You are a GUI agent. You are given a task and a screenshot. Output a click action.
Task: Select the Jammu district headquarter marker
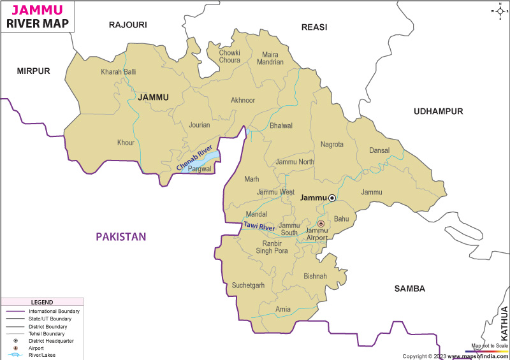click(332, 198)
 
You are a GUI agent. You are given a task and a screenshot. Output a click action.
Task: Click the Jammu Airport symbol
click(321, 224)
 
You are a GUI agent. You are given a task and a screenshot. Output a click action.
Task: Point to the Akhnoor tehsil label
click(243, 101)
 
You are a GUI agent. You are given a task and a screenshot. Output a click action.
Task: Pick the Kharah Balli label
click(119, 72)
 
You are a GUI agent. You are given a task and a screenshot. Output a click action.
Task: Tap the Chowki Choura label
click(229, 57)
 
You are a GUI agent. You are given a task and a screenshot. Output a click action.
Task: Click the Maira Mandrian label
click(270, 59)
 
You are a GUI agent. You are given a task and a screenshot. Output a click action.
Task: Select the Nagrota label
click(332, 145)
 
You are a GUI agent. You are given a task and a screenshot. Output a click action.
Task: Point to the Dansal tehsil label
click(379, 151)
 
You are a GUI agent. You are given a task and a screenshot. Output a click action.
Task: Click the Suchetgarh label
click(248, 285)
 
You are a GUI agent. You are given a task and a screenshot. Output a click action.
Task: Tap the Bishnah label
click(315, 277)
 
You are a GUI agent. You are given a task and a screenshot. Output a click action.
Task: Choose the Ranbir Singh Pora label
click(272, 247)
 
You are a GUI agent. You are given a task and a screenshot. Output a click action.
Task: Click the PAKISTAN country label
click(121, 237)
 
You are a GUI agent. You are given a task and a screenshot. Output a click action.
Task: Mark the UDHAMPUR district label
click(438, 112)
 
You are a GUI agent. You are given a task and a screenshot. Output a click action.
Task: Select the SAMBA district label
click(409, 289)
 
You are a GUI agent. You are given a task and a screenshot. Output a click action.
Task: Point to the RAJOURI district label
click(127, 25)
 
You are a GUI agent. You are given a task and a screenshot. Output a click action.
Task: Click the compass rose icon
click(498, 11)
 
